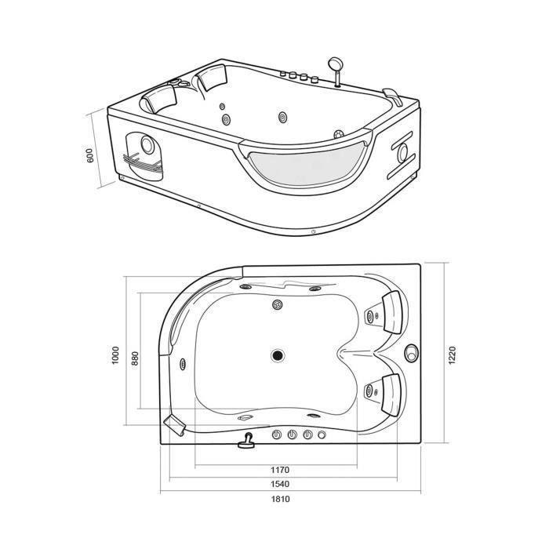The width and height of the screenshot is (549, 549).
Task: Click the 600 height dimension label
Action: click(x=90, y=155)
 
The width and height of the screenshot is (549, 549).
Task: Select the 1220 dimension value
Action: click(x=452, y=355)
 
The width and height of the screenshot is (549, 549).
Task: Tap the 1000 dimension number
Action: click(x=115, y=355)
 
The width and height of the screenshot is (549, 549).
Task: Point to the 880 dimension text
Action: click(x=135, y=358)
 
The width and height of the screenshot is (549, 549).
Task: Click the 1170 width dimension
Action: click(x=280, y=470)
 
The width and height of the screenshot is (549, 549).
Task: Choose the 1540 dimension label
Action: click(x=280, y=484)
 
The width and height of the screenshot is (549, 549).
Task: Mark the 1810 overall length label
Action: click(x=281, y=499)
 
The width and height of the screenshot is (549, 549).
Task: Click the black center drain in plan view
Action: click(x=278, y=355)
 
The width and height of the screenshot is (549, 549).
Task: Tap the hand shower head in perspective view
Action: click(x=334, y=64)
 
